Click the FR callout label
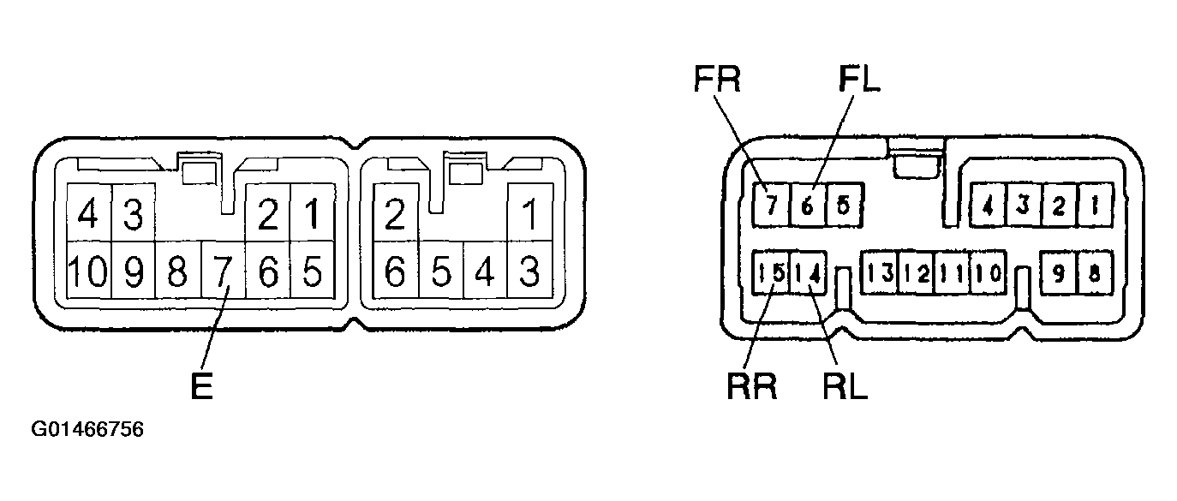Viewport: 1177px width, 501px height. (x=717, y=80)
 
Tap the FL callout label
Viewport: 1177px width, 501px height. (x=859, y=80)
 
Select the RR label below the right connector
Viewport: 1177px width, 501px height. (x=751, y=386)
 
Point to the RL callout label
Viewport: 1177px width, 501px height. (x=845, y=386)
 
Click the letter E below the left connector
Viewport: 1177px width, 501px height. (x=202, y=386)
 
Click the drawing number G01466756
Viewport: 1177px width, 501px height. (x=87, y=430)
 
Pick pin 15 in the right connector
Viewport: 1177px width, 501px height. (x=771, y=272)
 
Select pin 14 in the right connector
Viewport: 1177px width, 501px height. (x=808, y=272)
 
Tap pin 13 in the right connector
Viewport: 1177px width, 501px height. (x=880, y=272)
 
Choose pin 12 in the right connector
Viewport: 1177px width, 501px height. (x=917, y=272)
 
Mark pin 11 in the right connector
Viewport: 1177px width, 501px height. (x=952, y=272)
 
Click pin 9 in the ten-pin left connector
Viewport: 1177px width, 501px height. (x=134, y=271)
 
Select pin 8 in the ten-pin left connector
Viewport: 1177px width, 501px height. (x=177, y=271)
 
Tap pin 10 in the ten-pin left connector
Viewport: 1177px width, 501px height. (x=89, y=271)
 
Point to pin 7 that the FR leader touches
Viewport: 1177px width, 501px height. (x=771, y=205)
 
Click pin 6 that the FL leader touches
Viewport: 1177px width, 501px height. (x=808, y=205)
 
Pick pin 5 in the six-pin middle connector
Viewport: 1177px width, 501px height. (x=441, y=271)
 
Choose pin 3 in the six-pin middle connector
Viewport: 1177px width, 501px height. (x=529, y=271)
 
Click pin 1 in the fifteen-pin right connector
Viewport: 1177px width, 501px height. (x=1096, y=205)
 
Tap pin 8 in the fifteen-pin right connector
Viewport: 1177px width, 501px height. (x=1096, y=272)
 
